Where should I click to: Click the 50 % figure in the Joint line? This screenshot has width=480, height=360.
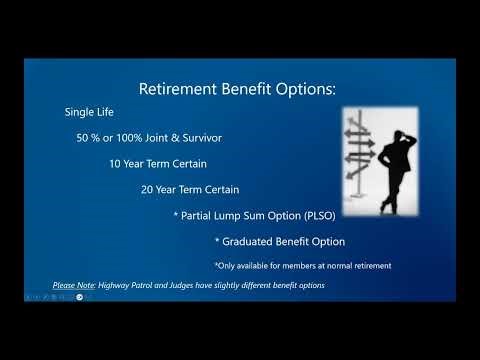[89, 138]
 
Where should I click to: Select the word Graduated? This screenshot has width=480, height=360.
[252, 240]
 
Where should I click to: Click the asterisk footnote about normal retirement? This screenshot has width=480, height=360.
[302, 265]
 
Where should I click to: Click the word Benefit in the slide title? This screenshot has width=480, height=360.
[245, 89]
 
